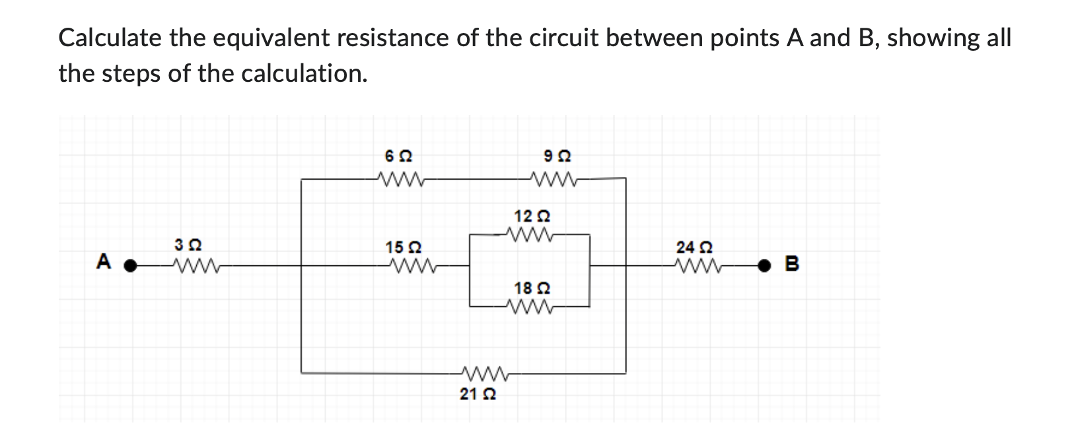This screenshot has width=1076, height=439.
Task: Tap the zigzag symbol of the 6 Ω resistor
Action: click(398, 178)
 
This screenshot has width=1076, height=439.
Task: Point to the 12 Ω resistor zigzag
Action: click(530, 234)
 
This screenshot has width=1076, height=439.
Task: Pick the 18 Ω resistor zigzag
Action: click(530, 306)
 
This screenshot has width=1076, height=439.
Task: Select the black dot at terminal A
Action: click(131, 266)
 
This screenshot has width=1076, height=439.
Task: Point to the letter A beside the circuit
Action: click(103, 262)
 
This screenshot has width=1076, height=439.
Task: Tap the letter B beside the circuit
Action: click(793, 265)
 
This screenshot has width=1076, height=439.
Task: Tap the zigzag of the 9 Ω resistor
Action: click(555, 178)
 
